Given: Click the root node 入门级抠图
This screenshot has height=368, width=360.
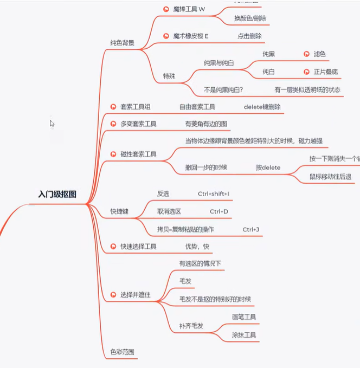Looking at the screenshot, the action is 57,194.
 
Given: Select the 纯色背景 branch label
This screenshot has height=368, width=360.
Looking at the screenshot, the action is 122,42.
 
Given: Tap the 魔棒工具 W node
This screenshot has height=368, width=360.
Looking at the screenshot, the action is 189,9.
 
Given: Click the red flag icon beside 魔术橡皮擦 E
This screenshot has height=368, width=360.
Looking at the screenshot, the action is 166,36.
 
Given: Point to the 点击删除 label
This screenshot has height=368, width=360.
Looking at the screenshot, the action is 250,36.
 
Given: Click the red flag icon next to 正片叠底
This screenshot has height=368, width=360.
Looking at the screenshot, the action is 307,72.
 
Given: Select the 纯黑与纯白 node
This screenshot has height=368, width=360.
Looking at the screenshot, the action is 219,63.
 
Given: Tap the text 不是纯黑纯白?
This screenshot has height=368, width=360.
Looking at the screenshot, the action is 223,89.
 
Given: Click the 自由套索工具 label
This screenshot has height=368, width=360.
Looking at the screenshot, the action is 197,107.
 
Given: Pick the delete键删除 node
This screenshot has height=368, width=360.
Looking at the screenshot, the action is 262,107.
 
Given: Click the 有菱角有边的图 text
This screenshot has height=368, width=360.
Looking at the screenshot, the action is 206,124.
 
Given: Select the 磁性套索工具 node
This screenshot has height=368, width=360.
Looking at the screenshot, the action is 138,154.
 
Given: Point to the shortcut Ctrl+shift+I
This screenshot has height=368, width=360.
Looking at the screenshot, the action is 214,193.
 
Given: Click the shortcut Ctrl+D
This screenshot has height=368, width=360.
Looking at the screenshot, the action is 219,211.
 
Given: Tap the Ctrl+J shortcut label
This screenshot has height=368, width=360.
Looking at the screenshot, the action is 251,229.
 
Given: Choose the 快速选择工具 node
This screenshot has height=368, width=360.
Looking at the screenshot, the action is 138,247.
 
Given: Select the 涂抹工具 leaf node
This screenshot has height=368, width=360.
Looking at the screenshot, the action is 244,334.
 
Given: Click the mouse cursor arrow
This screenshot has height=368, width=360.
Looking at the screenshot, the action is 52,123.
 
